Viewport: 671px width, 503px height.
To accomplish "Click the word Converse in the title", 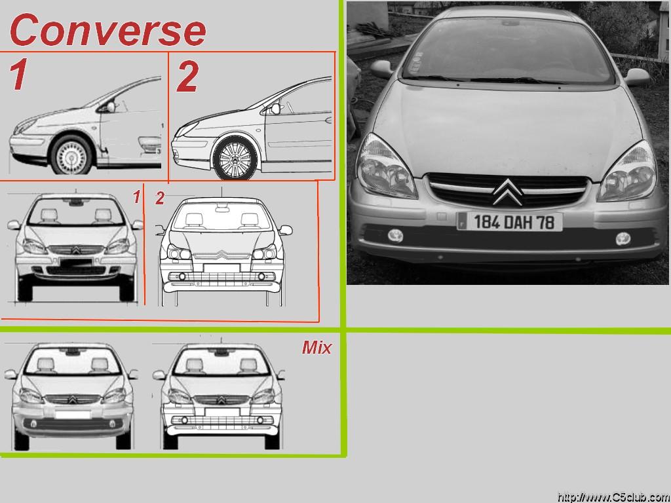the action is (x=108, y=29).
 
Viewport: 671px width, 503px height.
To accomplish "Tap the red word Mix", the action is (x=316, y=348).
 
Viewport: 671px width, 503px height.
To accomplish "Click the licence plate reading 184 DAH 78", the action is (x=510, y=222).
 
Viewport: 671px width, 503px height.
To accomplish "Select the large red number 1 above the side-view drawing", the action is (x=19, y=75).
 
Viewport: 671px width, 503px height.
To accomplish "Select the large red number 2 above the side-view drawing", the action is (x=188, y=77).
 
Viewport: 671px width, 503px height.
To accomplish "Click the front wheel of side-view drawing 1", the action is (x=71, y=155).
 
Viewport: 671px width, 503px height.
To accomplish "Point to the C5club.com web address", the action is (x=613, y=498).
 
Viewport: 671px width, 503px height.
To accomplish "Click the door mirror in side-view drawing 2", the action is (x=275, y=109).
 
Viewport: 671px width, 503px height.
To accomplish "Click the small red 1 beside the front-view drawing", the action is (x=137, y=197).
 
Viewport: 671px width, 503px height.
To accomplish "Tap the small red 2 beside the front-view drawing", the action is (x=160, y=198).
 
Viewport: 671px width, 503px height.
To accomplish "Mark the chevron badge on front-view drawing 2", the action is (x=221, y=255).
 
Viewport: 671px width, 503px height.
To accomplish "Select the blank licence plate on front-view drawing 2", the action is (x=221, y=268).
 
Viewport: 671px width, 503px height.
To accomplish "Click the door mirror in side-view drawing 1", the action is (x=110, y=107).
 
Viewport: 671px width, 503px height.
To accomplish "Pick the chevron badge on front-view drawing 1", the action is (x=76, y=250).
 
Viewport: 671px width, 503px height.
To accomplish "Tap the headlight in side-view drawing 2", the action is (x=187, y=128).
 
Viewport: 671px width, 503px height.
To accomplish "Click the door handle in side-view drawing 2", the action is (x=328, y=121).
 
